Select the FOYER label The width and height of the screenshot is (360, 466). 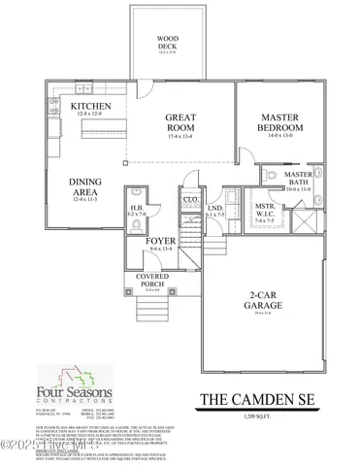(160, 242)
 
